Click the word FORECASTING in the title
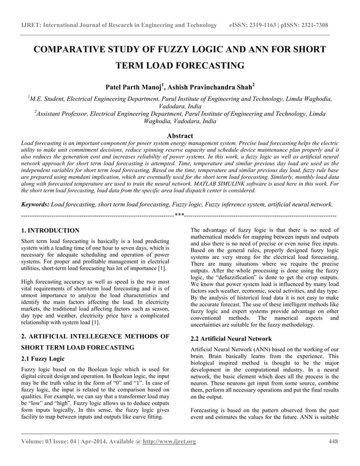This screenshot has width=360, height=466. pyautogui.click(x=210, y=65)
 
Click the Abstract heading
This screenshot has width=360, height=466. pyautogui.click(x=180, y=135)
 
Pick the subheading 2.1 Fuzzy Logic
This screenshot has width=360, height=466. pyautogui.click(x=43, y=359)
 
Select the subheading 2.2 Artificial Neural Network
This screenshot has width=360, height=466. pyautogui.click(x=231, y=339)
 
